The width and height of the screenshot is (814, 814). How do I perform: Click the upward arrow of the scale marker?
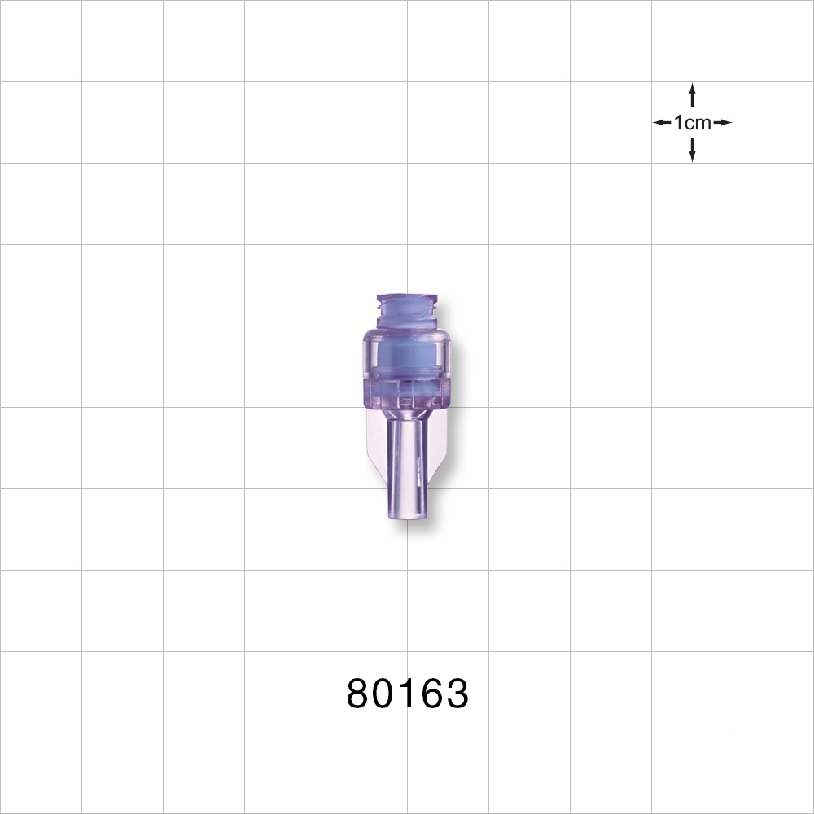[x=692, y=94]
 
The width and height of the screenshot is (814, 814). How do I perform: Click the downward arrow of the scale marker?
[x=692, y=150]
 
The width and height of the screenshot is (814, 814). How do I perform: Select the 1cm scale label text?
[x=692, y=123]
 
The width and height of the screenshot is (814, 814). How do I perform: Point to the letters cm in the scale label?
[x=698, y=123]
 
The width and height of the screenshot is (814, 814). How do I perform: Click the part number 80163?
[x=407, y=694]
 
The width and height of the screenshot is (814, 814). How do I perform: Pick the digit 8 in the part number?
[x=359, y=694]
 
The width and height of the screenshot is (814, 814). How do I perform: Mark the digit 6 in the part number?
[x=430, y=694]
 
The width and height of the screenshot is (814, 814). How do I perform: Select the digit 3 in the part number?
[x=456, y=694]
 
